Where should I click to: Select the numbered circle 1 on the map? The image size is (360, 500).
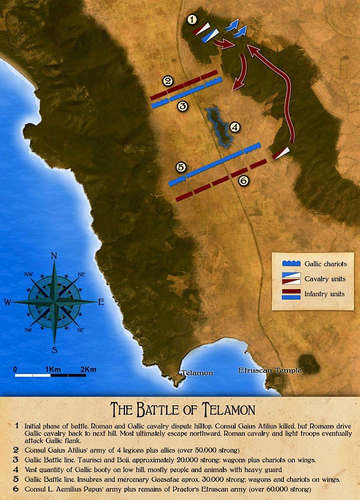coord(192,20)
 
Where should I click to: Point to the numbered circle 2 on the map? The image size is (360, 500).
coord(167,80)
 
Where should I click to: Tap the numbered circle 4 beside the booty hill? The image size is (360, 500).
coord(235,127)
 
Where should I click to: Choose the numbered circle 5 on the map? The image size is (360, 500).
coord(179,167)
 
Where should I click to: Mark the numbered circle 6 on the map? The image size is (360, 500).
coord(243,181)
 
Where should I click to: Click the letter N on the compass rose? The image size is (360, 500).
coord(54,256)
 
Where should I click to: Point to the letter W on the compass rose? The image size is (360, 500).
coord(7,302)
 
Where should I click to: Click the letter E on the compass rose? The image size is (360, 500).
coord(101,302)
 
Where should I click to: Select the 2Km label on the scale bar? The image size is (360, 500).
coord(88,369)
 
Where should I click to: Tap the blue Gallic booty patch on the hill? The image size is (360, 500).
coord(220,126)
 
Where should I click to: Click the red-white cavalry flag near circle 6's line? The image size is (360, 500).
coord(281,153)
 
